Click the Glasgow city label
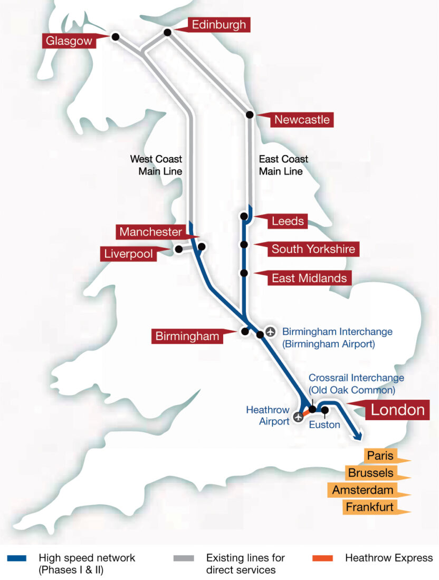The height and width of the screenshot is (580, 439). click(x=69, y=41)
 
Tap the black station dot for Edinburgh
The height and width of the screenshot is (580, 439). click(x=167, y=33)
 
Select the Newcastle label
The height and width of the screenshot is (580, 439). click(x=301, y=120)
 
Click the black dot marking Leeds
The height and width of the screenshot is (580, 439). click(x=244, y=216)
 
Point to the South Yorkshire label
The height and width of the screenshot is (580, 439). click(x=313, y=249)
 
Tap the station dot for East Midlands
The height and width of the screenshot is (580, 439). click(x=244, y=273)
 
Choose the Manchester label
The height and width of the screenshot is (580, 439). click(x=150, y=232)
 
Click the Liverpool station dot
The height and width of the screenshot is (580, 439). click(x=179, y=249)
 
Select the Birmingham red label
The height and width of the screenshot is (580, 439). click(x=187, y=336)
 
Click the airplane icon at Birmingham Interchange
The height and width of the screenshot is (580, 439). click(x=271, y=332)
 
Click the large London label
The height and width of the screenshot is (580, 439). click(x=397, y=410)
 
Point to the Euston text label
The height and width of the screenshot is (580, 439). click(x=324, y=425)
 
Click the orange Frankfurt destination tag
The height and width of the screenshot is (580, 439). click(x=369, y=507)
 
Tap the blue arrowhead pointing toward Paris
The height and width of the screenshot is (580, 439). click(x=358, y=436)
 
